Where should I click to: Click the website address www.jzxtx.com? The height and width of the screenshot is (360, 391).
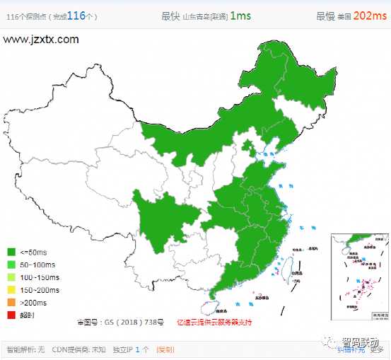41,40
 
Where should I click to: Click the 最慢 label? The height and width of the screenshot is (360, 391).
325,16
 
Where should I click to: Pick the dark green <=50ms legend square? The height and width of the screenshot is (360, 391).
11,252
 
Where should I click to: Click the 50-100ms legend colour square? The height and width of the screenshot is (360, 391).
11,264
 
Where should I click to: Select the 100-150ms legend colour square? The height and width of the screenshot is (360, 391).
11,277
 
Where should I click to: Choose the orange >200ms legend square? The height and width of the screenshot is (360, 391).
11,301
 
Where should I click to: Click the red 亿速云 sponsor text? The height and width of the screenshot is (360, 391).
214,323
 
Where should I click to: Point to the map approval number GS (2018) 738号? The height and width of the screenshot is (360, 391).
127,323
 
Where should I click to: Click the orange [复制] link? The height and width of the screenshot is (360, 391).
165,349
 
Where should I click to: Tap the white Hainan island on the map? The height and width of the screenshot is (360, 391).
206,308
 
